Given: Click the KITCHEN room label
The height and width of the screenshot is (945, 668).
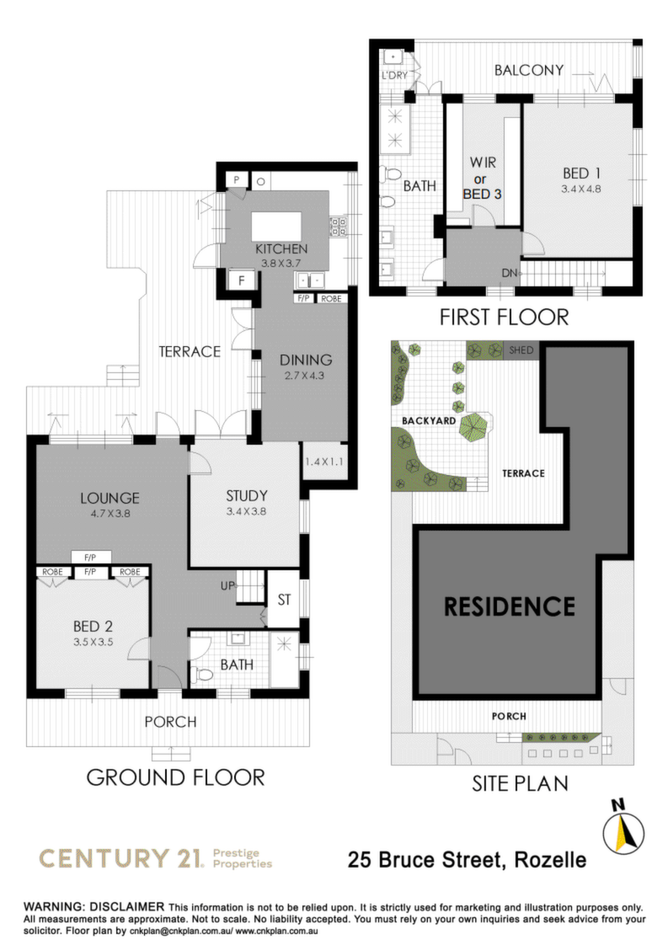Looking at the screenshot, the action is click(x=281, y=249).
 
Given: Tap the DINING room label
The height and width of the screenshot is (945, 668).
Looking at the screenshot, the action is click(x=306, y=360).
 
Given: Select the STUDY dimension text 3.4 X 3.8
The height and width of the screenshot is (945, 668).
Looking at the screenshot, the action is click(x=246, y=512).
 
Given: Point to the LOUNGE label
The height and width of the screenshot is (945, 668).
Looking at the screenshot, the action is click(x=110, y=498).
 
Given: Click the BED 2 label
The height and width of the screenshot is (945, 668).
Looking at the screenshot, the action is click(x=93, y=627).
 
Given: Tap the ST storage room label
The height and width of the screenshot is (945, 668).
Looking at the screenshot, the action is click(x=284, y=600).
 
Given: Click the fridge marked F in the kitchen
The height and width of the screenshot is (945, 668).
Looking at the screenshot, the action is click(x=241, y=280).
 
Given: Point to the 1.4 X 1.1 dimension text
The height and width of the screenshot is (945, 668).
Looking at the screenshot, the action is click(x=323, y=462).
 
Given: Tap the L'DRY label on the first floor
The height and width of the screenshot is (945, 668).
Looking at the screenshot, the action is click(x=395, y=75).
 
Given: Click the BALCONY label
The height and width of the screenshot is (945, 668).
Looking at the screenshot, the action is click(x=529, y=70).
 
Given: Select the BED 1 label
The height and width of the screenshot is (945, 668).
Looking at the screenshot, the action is click(x=581, y=174).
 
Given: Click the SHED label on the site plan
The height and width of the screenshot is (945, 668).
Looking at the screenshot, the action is click(x=521, y=350).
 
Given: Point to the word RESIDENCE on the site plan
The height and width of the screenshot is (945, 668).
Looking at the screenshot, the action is click(x=510, y=606).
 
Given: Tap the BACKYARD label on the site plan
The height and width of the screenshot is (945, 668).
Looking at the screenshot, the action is click(x=429, y=420).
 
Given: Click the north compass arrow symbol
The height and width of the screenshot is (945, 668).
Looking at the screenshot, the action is click(x=623, y=831).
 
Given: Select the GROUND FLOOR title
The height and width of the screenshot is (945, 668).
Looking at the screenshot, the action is click(x=175, y=777).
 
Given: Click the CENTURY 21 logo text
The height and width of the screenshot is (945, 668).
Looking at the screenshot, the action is click(x=120, y=858).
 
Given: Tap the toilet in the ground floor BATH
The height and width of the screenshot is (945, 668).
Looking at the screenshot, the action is click(x=204, y=674).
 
